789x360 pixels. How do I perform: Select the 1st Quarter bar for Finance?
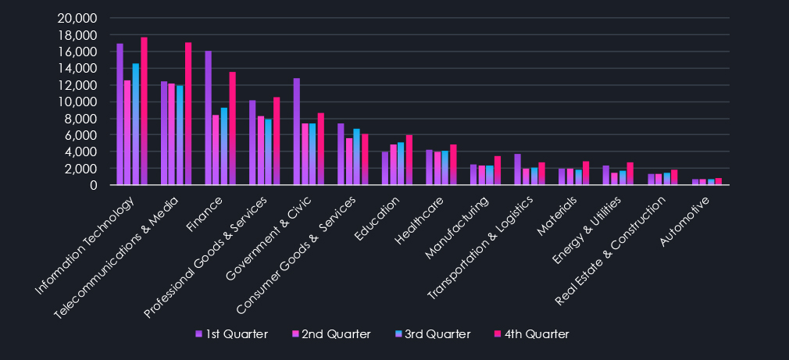pyautogui.click(x=209, y=118)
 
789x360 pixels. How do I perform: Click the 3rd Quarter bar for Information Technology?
pyautogui.click(x=136, y=124)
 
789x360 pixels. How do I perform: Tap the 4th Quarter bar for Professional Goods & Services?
pyautogui.click(x=276, y=141)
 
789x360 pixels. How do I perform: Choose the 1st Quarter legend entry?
pyautogui.click(x=231, y=334)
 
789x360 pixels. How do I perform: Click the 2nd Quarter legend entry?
pyautogui.click(x=332, y=334)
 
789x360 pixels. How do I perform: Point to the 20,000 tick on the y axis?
pyautogui.click(x=77, y=18)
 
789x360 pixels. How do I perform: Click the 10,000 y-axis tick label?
pyautogui.click(x=77, y=102)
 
